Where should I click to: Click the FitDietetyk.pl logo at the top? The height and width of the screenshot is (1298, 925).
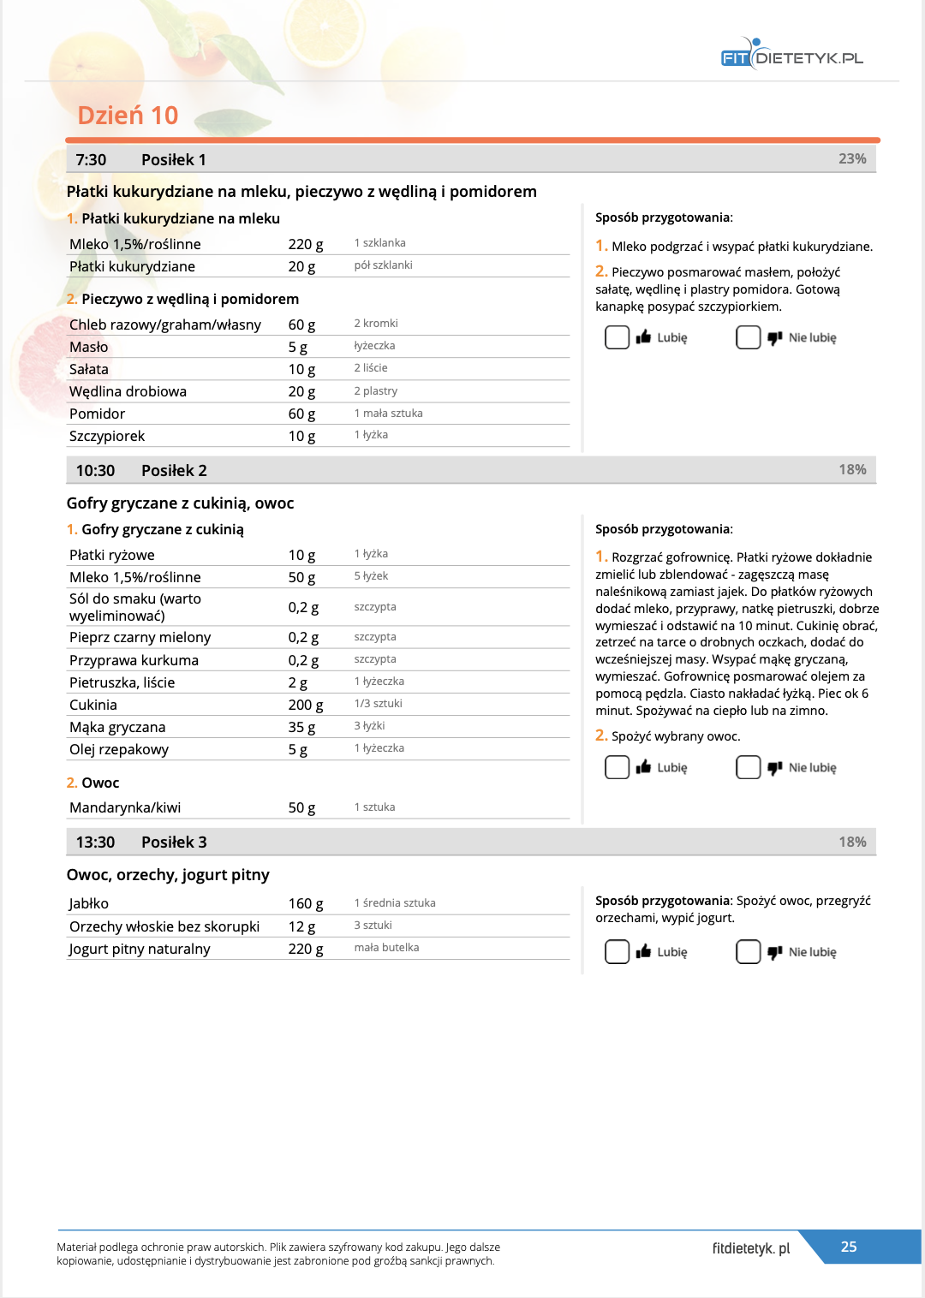(791, 57)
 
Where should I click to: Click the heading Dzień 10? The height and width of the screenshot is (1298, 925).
(128, 116)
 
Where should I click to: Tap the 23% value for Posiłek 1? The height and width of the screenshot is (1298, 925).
(852, 158)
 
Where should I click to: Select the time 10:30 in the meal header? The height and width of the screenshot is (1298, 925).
(95, 470)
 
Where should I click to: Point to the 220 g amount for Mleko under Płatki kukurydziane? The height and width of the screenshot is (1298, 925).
(306, 244)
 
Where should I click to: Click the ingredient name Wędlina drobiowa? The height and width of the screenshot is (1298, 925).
(128, 391)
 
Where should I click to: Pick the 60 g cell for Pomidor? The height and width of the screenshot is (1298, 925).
(301, 414)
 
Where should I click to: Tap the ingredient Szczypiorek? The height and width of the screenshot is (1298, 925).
(107, 436)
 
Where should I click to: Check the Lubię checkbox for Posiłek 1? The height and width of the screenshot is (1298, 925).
(617, 337)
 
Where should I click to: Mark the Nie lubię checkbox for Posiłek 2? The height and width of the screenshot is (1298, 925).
(748, 767)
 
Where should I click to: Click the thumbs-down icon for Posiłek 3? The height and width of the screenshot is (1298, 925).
(775, 952)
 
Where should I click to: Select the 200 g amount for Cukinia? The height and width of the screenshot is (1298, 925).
(306, 705)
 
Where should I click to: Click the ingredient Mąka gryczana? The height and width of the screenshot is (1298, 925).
(117, 727)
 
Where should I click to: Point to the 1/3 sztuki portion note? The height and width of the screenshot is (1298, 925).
(378, 704)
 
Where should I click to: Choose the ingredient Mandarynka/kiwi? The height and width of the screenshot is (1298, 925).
(125, 807)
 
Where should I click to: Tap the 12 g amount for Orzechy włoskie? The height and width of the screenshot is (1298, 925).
(301, 926)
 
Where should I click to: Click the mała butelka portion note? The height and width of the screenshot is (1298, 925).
(386, 948)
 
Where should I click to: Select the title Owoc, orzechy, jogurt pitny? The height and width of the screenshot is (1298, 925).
(168, 874)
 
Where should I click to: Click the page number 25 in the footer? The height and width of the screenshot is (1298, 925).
(849, 1247)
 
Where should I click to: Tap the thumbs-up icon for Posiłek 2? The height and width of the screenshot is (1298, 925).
(644, 767)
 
